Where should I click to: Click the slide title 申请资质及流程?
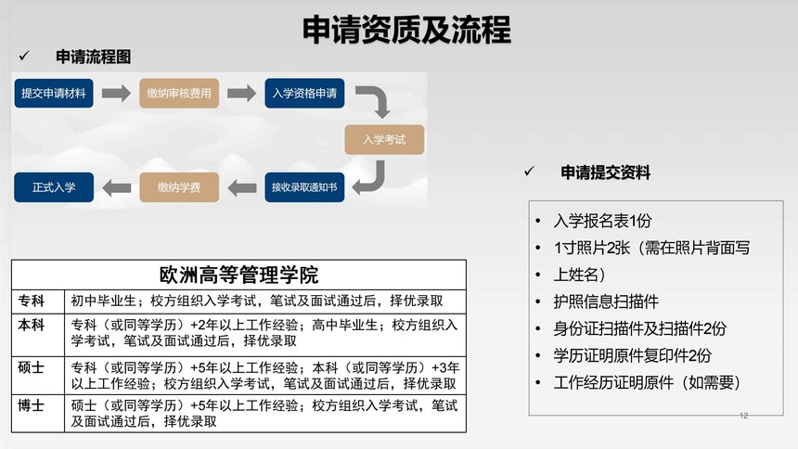pyautogui.click(x=406, y=30)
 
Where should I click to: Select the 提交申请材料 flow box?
pyautogui.click(x=54, y=93)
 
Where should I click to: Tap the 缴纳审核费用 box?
pyautogui.click(x=179, y=93)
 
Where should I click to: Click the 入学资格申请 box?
pyautogui.click(x=304, y=93)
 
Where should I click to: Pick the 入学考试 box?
pyautogui.click(x=384, y=139)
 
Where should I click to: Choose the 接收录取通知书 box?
pyautogui.click(x=304, y=187)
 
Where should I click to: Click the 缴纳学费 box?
pyautogui.click(x=179, y=187)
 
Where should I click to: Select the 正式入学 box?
pyautogui.click(x=54, y=187)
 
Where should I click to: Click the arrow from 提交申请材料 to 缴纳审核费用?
pyautogui.click(x=116, y=93)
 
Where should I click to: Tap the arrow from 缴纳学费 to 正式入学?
pyautogui.click(x=117, y=187)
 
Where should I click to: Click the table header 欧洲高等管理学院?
pyautogui.click(x=238, y=275)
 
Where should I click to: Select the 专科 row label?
pyautogui.click(x=31, y=301)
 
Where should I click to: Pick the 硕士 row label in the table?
pyautogui.click(x=31, y=367)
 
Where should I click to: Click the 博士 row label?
pyautogui.click(x=31, y=405)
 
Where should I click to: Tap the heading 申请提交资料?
pyautogui.click(x=605, y=173)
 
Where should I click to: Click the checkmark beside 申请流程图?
pyautogui.click(x=24, y=56)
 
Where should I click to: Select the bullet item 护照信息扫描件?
pyautogui.click(x=606, y=301)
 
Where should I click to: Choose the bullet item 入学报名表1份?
pyautogui.click(x=602, y=221)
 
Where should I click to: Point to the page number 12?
pyautogui.click(x=743, y=416)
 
